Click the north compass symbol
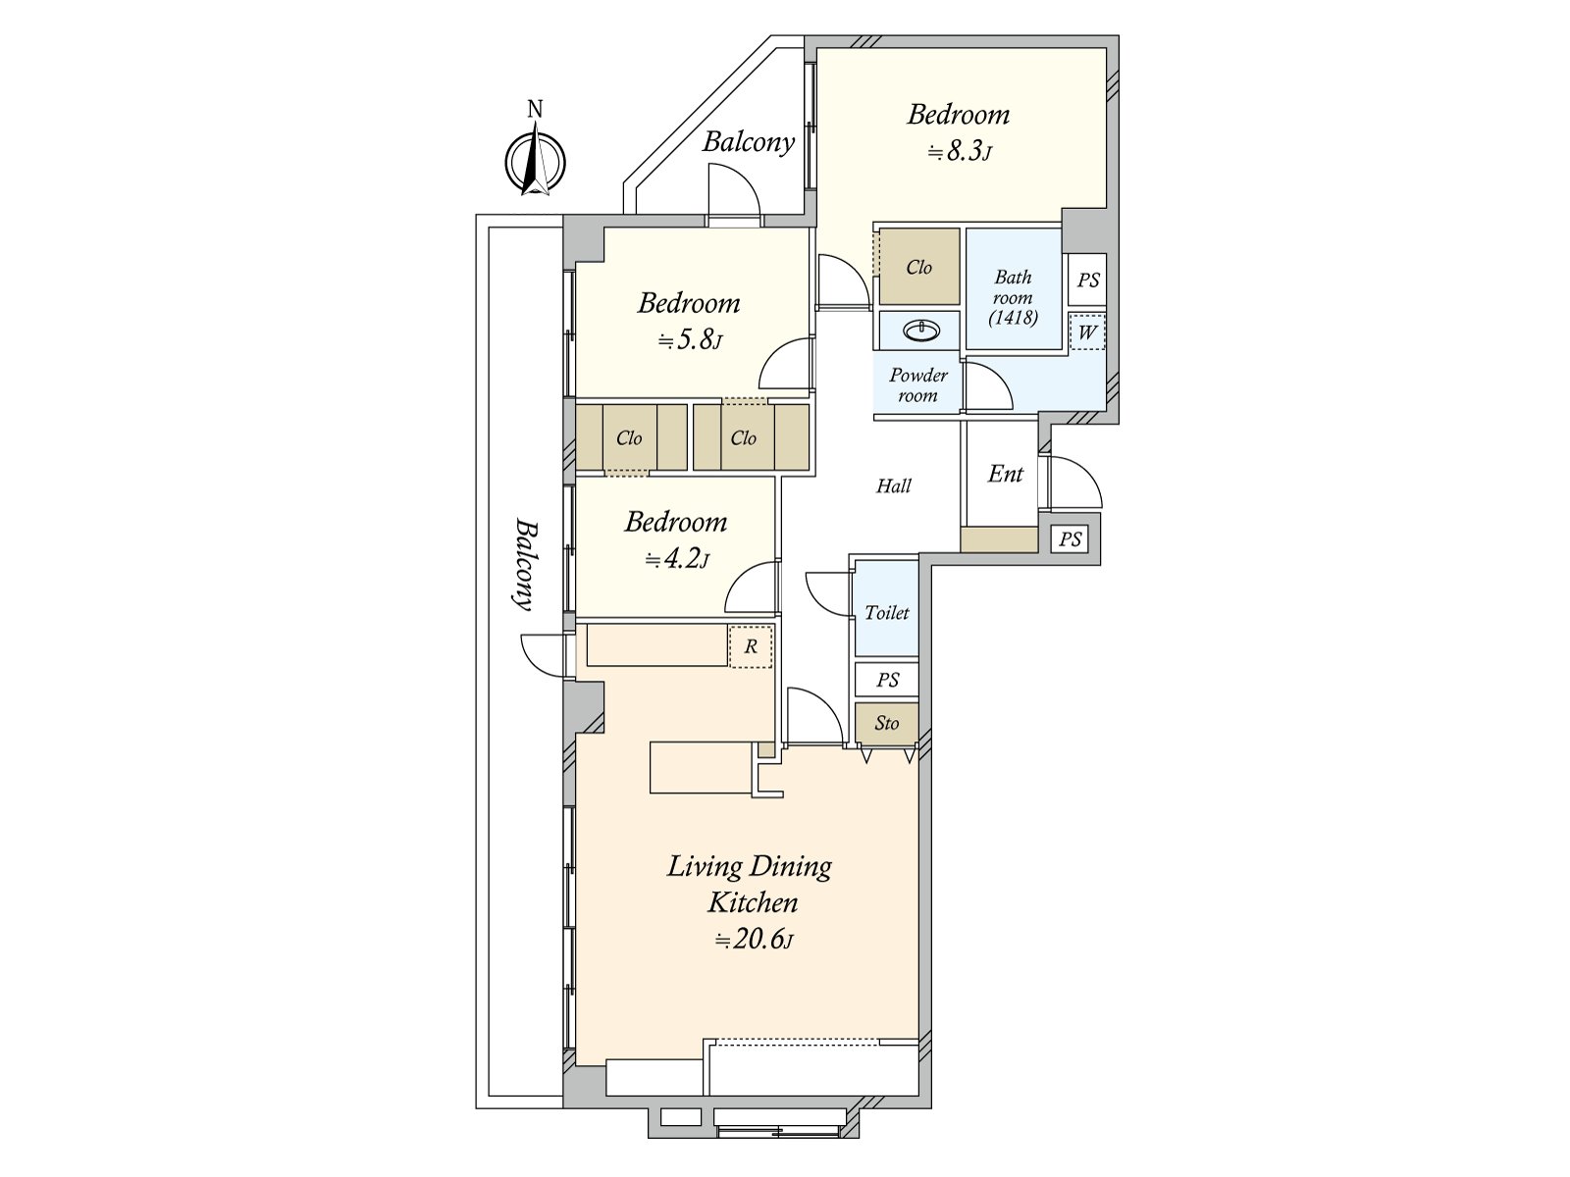[x=535, y=162]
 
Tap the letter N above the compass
[x=535, y=109]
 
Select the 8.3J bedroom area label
[x=959, y=152]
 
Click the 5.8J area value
[x=690, y=340]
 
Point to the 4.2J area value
[x=677, y=559]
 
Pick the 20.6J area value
[x=754, y=939]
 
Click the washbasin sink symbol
[x=921, y=331]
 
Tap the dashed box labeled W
[x=1086, y=332]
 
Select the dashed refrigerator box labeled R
[x=751, y=646]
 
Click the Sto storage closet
[x=887, y=723]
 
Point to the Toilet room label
[x=887, y=612]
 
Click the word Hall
[x=893, y=486]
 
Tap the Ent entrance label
[x=1005, y=473]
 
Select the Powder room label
[x=918, y=385]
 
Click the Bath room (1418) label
[x=1013, y=297]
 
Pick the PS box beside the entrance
[x=1070, y=538]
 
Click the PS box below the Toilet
[x=887, y=680]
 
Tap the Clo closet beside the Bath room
[x=919, y=267]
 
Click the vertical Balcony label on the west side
[x=526, y=565]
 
